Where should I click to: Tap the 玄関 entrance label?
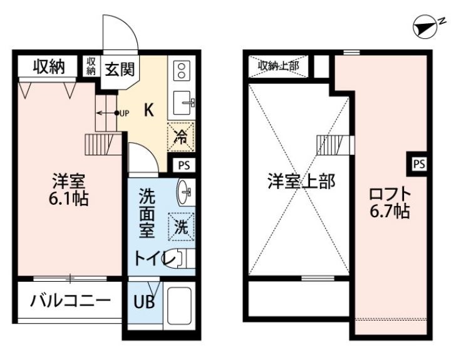[118, 68]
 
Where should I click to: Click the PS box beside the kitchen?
[184, 166]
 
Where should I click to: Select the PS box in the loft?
[419, 164]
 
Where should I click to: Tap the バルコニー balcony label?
[70, 301]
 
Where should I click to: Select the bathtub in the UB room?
[181, 309]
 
